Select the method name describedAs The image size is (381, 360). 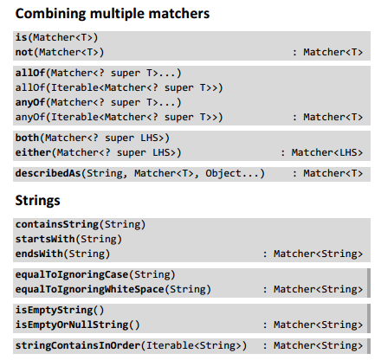[x=48, y=174]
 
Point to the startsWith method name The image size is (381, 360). [x=41, y=239]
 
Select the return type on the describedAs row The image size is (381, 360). [x=327, y=174]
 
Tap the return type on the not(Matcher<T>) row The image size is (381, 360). [x=327, y=53]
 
